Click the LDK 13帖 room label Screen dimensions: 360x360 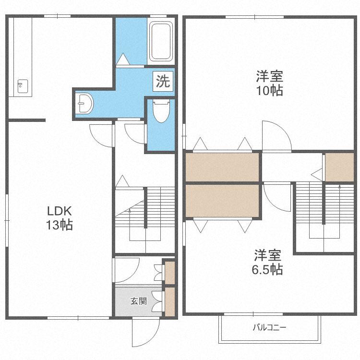point(60,218)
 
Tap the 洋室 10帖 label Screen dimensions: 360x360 point(269,84)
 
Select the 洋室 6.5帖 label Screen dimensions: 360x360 point(267,262)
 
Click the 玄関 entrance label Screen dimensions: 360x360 point(138,301)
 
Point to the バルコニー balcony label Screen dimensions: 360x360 point(270,327)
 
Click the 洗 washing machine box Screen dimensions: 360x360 point(163,81)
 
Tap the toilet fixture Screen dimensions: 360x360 point(161,111)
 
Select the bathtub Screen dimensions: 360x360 point(161,41)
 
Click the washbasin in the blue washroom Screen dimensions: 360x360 point(84,103)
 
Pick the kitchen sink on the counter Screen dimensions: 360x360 point(23,86)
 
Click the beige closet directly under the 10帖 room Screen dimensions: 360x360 point(222,168)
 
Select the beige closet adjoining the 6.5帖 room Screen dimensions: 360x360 point(222,201)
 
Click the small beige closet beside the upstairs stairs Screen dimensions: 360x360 point(339,168)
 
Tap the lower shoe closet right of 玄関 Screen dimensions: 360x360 point(170,302)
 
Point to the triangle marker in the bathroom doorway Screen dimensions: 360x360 point(123,59)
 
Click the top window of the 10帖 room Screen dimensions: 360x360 point(254,17)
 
